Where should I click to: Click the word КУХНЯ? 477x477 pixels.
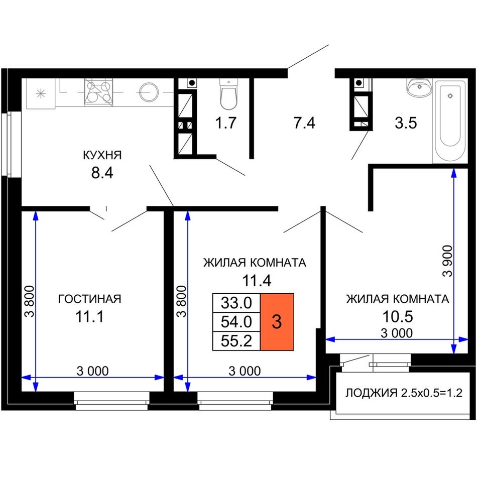click(x=102, y=155)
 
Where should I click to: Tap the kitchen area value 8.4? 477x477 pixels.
click(x=102, y=173)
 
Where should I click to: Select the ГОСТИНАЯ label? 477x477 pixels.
click(x=89, y=299)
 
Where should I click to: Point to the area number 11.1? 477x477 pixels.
click(x=89, y=317)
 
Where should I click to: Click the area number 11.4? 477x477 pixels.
click(x=257, y=281)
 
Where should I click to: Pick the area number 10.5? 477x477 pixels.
click(x=398, y=317)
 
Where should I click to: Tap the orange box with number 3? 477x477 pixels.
click(x=277, y=322)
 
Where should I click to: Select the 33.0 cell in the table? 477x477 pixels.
click(x=236, y=303)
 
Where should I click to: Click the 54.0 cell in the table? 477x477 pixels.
click(x=236, y=322)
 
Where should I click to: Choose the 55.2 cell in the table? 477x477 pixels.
click(x=236, y=341)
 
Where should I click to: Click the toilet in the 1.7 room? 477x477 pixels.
click(x=228, y=94)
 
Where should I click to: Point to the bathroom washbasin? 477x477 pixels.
click(x=419, y=87)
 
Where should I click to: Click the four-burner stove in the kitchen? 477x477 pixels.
click(x=98, y=92)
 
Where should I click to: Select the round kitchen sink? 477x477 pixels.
click(x=149, y=92)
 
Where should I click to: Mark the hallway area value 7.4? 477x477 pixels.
click(x=304, y=123)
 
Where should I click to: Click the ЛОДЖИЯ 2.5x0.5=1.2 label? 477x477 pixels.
click(x=404, y=393)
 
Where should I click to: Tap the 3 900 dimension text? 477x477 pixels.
click(x=448, y=261)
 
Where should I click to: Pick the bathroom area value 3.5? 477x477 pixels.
click(x=406, y=123)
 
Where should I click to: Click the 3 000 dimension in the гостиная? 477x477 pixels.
click(x=92, y=371)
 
